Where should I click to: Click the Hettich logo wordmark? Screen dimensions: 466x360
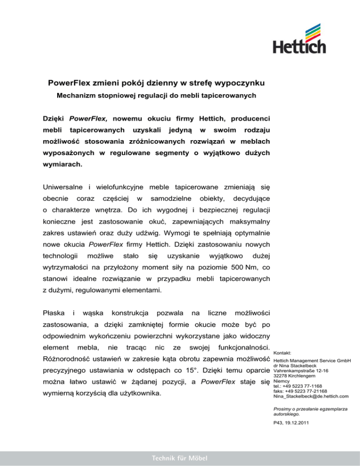[x=296, y=47]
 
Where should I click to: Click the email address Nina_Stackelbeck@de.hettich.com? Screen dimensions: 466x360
[x=310, y=397]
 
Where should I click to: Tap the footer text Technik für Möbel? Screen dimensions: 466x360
[x=180, y=457]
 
